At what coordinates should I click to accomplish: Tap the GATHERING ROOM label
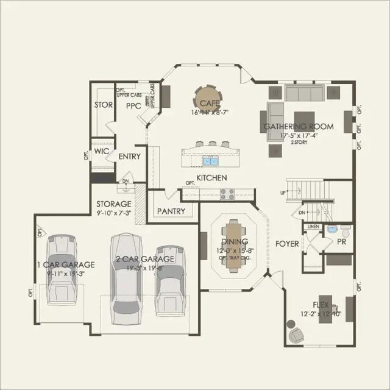click(x=299, y=127)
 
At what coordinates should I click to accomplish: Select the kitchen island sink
click(x=210, y=161)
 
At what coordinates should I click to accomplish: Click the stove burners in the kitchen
click(x=227, y=194)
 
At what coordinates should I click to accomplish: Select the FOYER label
click(x=287, y=244)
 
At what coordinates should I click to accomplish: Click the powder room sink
click(x=332, y=230)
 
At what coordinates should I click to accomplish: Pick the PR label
click(x=342, y=242)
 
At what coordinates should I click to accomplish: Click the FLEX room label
click(x=321, y=304)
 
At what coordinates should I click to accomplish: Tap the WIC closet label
click(x=101, y=152)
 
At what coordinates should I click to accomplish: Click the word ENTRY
click(x=129, y=157)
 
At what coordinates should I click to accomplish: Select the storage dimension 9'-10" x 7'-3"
click(x=114, y=213)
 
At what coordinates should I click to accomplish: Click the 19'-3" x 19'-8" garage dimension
click(x=145, y=267)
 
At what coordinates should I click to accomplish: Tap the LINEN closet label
click(x=313, y=226)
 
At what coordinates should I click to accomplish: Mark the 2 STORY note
click(x=299, y=142)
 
